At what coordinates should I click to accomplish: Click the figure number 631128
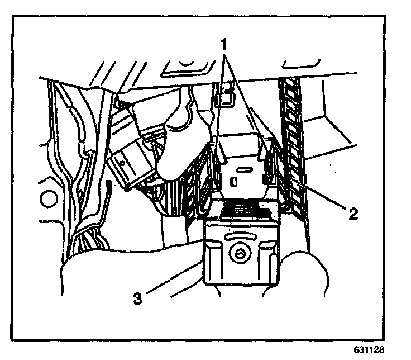[369, 349]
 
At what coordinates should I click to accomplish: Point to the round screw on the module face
[239, 255]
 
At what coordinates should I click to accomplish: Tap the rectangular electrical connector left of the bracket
[130, 162]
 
